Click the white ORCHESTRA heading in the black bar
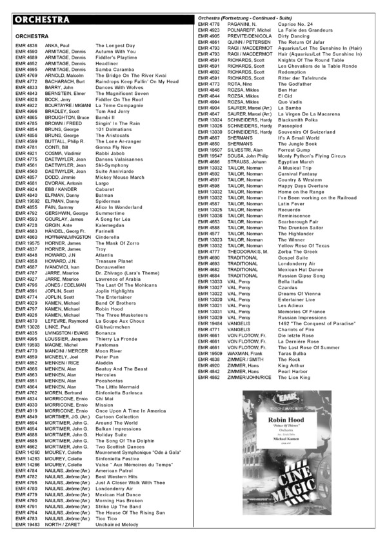coord(41,19)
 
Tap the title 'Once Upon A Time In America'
coord(131,411)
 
